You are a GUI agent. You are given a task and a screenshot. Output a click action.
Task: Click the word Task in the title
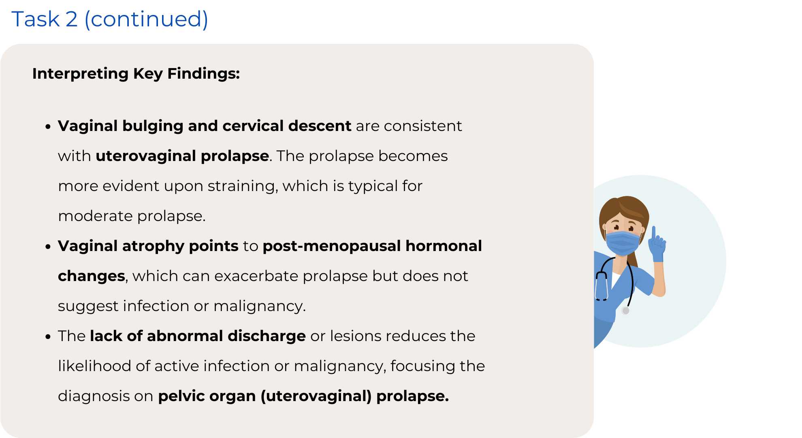(36, 19)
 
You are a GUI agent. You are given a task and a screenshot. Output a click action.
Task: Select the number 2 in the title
(72, 19)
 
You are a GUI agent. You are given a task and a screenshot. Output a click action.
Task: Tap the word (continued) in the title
(146, 19)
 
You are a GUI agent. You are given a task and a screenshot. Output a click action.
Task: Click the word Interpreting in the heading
(80, 74)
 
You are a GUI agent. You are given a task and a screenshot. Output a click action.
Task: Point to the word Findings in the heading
(203, 74)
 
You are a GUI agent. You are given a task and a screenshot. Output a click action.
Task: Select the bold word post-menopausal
(332, 246)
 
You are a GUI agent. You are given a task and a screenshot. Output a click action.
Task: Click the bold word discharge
(267, 336)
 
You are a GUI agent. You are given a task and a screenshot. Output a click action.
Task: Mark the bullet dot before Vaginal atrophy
(48, 247)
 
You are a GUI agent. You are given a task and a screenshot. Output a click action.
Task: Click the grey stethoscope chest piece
(626, 311)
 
